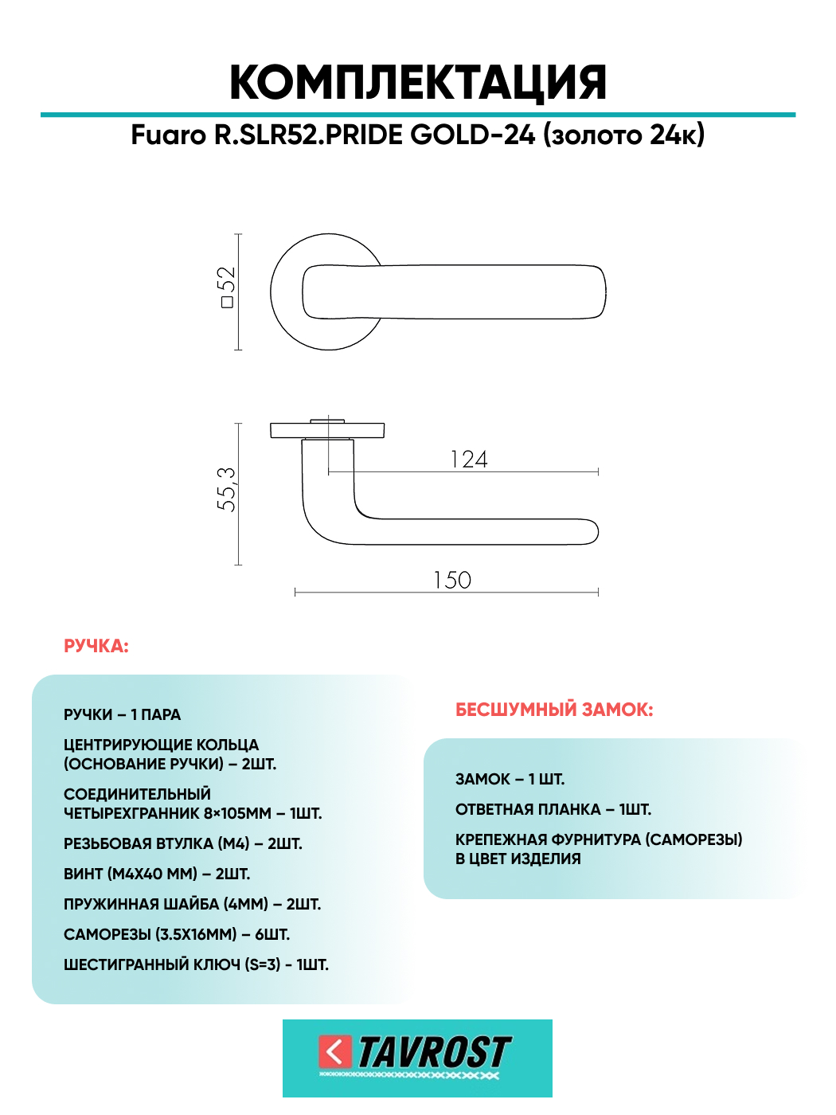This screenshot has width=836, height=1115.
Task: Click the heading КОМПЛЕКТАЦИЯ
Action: pos(418,83)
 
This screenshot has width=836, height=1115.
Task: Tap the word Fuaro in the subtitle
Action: pos(168,135)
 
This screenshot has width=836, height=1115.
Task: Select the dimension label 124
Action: pos(469,460)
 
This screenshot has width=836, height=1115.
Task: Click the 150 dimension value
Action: pos(452,580)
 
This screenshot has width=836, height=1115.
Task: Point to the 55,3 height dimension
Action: pos(227,489)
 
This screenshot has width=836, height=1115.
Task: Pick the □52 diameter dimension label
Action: pos(227,288)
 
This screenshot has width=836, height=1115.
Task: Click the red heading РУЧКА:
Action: pos(96,646)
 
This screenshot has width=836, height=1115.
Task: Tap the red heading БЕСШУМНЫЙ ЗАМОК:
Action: pos(554,710)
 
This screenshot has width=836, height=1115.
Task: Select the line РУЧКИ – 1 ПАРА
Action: pos(123,715)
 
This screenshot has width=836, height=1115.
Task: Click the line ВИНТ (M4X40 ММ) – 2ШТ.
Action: pos(157,874)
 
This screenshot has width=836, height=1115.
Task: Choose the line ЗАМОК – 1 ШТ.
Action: pos(510,779)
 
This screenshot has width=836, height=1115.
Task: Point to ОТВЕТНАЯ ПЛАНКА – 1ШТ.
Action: pos(553,809)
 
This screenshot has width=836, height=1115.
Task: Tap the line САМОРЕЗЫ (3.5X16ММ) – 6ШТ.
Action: pos(177,934)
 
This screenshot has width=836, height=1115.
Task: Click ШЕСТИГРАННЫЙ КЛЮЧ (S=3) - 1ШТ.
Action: pos(196,964)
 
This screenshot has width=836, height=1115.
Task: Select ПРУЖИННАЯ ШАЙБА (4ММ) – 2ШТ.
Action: pos(192,904)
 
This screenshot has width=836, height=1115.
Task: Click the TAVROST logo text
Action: pos(434,1053)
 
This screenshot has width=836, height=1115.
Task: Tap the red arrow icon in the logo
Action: pos(335,1052)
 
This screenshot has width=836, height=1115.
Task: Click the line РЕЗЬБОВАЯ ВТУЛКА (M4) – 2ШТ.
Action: pos(183,843)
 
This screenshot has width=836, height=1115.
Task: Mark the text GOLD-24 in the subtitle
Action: pos(473,135)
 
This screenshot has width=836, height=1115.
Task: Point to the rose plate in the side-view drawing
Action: pos(327,431)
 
